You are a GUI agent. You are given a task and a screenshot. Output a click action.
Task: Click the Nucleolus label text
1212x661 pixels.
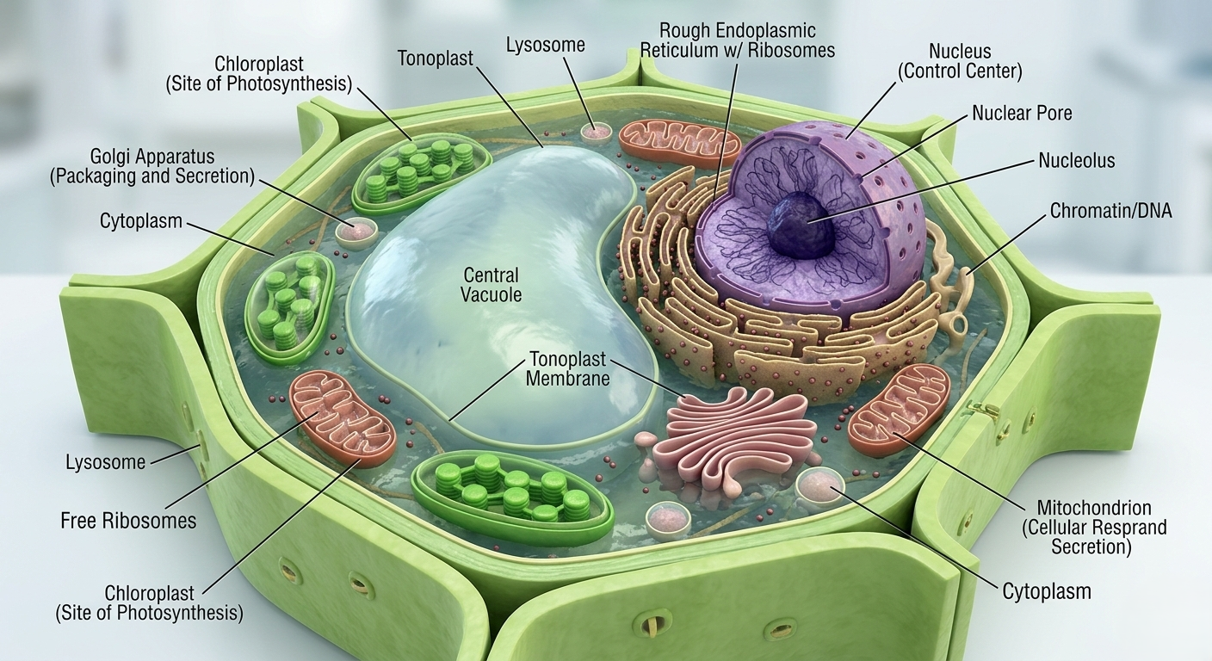click(x=1076, y=161)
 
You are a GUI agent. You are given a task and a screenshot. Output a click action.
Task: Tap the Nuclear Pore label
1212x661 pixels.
click(x=1022, y=113)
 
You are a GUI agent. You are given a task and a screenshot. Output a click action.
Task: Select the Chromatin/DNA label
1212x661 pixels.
click(x=1110, y=210)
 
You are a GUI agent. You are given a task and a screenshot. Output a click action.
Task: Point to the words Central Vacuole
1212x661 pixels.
click(x=491, y=285)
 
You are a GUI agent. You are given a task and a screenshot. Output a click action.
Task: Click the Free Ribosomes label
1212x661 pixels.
click(x=128, y=521)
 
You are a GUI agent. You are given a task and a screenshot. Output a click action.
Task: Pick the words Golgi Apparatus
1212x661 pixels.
click(x=152, y=158)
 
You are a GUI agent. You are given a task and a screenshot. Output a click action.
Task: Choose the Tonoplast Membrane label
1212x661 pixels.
click(x=568, y=368)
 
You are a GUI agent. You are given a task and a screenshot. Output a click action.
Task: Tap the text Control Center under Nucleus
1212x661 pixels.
click(x=960, y=72)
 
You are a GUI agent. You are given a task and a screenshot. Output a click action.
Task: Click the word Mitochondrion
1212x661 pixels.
click(x=1094, y=508)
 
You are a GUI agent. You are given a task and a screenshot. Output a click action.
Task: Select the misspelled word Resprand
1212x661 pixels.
click(x=1131, y=528)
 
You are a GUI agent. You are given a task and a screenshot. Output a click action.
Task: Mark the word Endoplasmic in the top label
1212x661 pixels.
click(x=767, y=31)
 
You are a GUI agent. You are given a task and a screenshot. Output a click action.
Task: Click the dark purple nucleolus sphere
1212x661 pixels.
click(x=801, y=224)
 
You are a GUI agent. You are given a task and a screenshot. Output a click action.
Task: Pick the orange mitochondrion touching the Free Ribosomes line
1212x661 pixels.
click(x=341, y=417)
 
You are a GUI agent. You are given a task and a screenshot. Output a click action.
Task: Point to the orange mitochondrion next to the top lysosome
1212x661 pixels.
click(x=680, y=142)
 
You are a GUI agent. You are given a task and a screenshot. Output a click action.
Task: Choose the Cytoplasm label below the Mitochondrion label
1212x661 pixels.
click(x=1046, y=591)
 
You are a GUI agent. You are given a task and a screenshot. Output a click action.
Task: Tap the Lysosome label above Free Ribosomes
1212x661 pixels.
click(x=106, y=462)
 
